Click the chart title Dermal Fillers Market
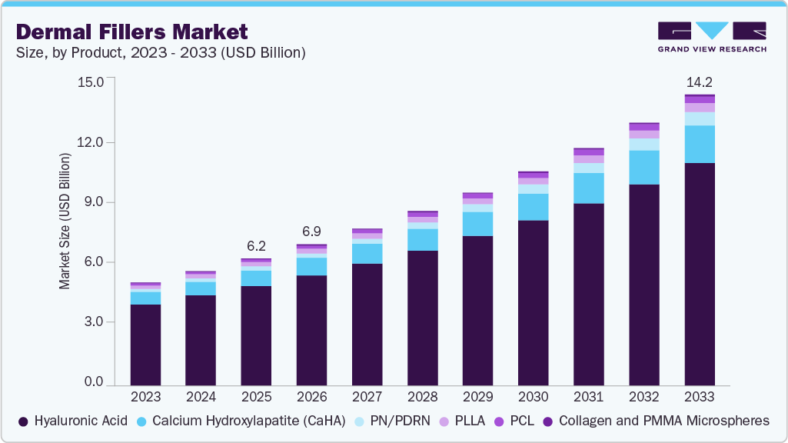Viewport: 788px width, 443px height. coord(131,32)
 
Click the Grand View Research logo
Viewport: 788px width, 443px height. coord(711,36)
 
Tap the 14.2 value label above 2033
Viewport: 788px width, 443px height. coord(699,82)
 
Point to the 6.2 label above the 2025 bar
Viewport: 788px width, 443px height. coord(256,246)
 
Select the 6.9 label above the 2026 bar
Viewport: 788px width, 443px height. coord(311,231)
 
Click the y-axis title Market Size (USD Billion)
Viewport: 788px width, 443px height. coord(65,221)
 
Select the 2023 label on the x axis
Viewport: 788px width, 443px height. coord(145,397)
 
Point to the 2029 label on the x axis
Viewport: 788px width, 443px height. coord(477,397)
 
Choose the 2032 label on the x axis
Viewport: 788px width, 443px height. coord(643,397)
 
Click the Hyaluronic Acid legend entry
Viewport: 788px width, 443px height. coord(74,421)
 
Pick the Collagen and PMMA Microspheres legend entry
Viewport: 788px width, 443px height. coord(656,421)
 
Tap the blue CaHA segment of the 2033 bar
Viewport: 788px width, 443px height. coord(699,144)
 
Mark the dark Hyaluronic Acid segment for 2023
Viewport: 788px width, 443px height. coord(145,345)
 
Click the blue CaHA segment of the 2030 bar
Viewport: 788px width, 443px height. coord(533,207)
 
